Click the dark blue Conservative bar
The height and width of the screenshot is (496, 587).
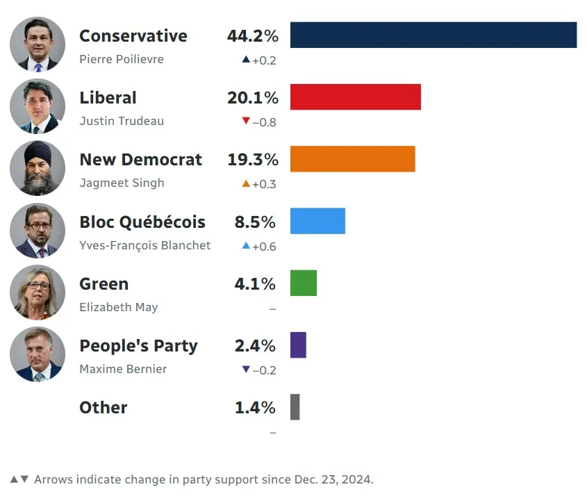click(433, 35)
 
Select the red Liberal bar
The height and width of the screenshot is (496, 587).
click(355, 97)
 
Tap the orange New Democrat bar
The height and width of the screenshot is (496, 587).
click(352, 158)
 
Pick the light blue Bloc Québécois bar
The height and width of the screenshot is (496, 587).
click(317, 221)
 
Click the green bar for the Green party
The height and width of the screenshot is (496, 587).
click(303, 283)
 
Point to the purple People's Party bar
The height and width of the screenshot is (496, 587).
click(298, 345)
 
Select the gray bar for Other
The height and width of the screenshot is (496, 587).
click(295, 407)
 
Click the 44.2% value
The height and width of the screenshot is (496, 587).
click(252, 36)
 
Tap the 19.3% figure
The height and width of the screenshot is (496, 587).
click(252, 160)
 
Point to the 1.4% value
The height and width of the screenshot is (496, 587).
click(255, 408)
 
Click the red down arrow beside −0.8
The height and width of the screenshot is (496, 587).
click(245, 122)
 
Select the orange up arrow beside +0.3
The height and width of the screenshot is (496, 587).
click(245, 183)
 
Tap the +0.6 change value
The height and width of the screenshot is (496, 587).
click(264, 246)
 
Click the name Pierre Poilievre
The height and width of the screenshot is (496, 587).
click(122, 59)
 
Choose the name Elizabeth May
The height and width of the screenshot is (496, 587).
click(119, 307)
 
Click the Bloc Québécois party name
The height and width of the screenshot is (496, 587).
click(142, 222)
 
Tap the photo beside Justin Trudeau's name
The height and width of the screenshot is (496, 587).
click(38, 106)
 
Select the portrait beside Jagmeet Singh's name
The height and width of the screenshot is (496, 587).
click(38, 168)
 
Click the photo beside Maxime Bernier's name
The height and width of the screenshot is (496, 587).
click(38, 354)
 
